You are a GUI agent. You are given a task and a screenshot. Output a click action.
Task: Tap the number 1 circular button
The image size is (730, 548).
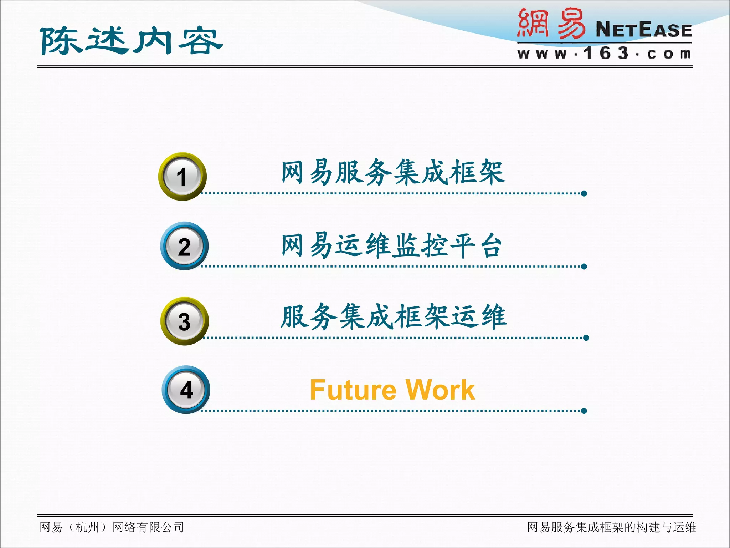pos(182,177)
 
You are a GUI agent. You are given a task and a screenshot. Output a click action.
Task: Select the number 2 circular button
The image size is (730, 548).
pos(184,246)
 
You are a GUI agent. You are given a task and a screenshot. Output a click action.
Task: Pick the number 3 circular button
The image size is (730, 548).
pos(184,321)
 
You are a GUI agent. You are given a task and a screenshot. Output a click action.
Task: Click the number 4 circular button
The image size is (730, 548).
pos(186,390)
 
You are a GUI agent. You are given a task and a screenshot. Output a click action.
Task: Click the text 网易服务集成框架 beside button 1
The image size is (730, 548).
pos(393,172)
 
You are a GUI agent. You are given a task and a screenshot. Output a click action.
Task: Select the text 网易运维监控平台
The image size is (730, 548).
pos(391,245)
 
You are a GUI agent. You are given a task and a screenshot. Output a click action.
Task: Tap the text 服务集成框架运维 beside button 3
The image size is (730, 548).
pos(393,317)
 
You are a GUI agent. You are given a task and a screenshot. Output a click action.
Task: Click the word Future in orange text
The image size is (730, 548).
pos(353,390)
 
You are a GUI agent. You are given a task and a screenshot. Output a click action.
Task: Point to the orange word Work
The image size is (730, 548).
pos(441,390)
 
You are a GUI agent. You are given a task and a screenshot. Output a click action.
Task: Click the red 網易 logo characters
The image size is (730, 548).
pos(551,24)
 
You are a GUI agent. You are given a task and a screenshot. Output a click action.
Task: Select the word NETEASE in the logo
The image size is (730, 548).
pos(644,30)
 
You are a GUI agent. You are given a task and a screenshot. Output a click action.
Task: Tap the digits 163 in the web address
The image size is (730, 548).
pos(606,54)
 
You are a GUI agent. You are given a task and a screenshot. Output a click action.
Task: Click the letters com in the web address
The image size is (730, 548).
pos(669,54)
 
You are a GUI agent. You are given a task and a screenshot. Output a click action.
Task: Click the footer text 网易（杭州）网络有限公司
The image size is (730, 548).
pos(112,527)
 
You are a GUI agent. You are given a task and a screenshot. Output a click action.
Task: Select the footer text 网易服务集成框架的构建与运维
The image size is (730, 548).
pos(611,527)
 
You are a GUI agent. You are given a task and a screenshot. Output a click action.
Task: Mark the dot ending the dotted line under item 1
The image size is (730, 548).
pos(584,193)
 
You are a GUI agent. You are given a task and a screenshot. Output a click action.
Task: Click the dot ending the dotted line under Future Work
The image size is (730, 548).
pos(584,411)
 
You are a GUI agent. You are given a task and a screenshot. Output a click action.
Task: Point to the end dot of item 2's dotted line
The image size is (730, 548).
pos(584,267)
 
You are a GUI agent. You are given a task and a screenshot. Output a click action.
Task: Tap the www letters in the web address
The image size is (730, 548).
pos(542,54)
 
